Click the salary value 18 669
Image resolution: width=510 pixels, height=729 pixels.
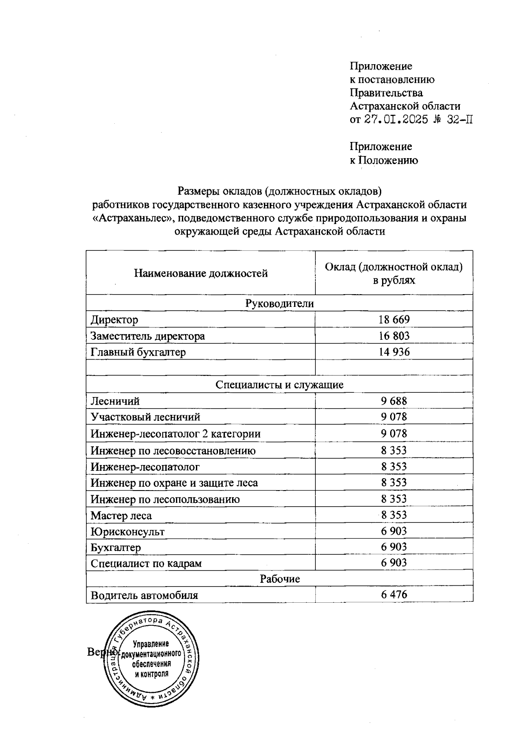click(394, 320)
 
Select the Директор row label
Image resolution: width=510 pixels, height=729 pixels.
click(114, 320)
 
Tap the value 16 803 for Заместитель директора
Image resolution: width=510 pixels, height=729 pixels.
click(394, 336)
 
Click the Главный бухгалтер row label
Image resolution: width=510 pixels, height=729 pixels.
click(138, 352)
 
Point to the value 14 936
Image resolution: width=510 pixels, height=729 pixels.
click(394, 352)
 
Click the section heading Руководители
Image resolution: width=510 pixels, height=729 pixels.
click(279, 304)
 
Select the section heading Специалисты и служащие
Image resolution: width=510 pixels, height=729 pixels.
click(279, 385)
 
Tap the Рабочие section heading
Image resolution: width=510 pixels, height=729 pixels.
click(280, 579)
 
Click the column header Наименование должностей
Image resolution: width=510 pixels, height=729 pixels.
click(201, 273)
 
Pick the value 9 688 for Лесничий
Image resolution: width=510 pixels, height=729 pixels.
click(394, 401)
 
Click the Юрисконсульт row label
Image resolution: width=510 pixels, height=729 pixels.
click(127, 531)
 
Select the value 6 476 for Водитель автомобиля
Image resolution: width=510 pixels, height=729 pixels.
click(394, 595)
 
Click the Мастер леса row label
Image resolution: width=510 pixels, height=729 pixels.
click(121, 516)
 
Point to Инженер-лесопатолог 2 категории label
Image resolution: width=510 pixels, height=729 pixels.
click(176, 434)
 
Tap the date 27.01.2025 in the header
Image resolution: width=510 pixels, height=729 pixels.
click(396, 119)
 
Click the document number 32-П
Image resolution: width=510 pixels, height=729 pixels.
click(460, 119)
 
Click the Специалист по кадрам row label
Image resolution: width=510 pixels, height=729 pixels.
click(146, 564)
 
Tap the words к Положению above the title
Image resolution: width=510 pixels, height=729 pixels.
click(384, 160)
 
